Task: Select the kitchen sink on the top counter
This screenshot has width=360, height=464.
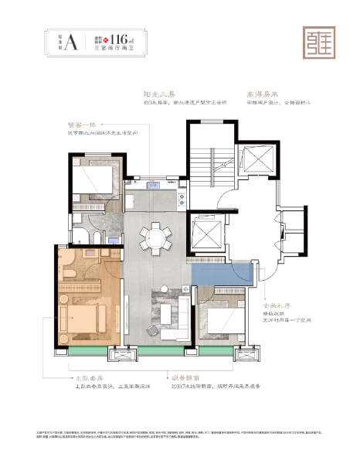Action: (x=152, y=185)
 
